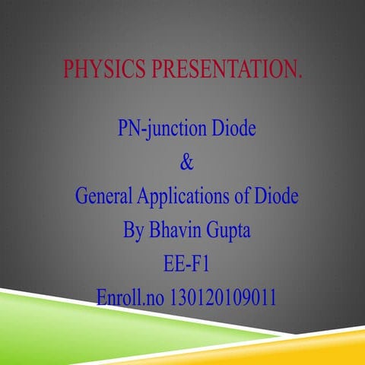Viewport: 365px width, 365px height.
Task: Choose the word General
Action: pyautogui.click(x=104, y=196)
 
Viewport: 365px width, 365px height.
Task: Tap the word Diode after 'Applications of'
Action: pyautogui.click(x=274, y=196)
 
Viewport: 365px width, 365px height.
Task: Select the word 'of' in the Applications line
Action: pyautogui.click(x=240, y=196)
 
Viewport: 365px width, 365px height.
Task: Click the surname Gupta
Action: pyautogui.click(x=227, y=230)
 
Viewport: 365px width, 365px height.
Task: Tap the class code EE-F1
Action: pyautogui.click(x=186, y=263)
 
